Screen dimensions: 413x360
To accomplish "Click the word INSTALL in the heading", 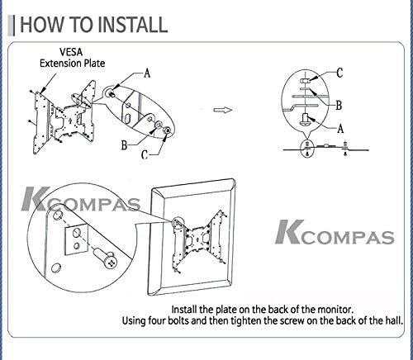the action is pos(132,25).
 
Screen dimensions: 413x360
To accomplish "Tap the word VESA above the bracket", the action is pos(71,52).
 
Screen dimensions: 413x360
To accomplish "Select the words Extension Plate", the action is pos(72,64).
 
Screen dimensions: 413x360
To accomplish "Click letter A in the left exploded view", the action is pos(147,73).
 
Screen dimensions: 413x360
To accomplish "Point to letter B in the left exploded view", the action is pos(125,145).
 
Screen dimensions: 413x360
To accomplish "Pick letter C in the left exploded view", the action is pos(145,155).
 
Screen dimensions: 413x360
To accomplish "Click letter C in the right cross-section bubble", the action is pos(339,73).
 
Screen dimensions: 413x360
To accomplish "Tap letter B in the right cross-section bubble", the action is pos(339,106).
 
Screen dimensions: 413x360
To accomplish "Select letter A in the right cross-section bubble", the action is pos(340,128).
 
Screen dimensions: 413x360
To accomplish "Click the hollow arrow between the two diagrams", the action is pos(223,110).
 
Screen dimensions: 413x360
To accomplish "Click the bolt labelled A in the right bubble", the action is pos(305,120).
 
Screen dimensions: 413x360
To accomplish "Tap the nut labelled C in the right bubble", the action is pos(305,81).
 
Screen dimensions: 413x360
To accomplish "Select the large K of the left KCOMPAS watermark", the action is pos(36,199).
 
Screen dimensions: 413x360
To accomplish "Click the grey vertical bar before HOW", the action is pos(12,26).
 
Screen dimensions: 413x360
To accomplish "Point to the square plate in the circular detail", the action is pos(77,239).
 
